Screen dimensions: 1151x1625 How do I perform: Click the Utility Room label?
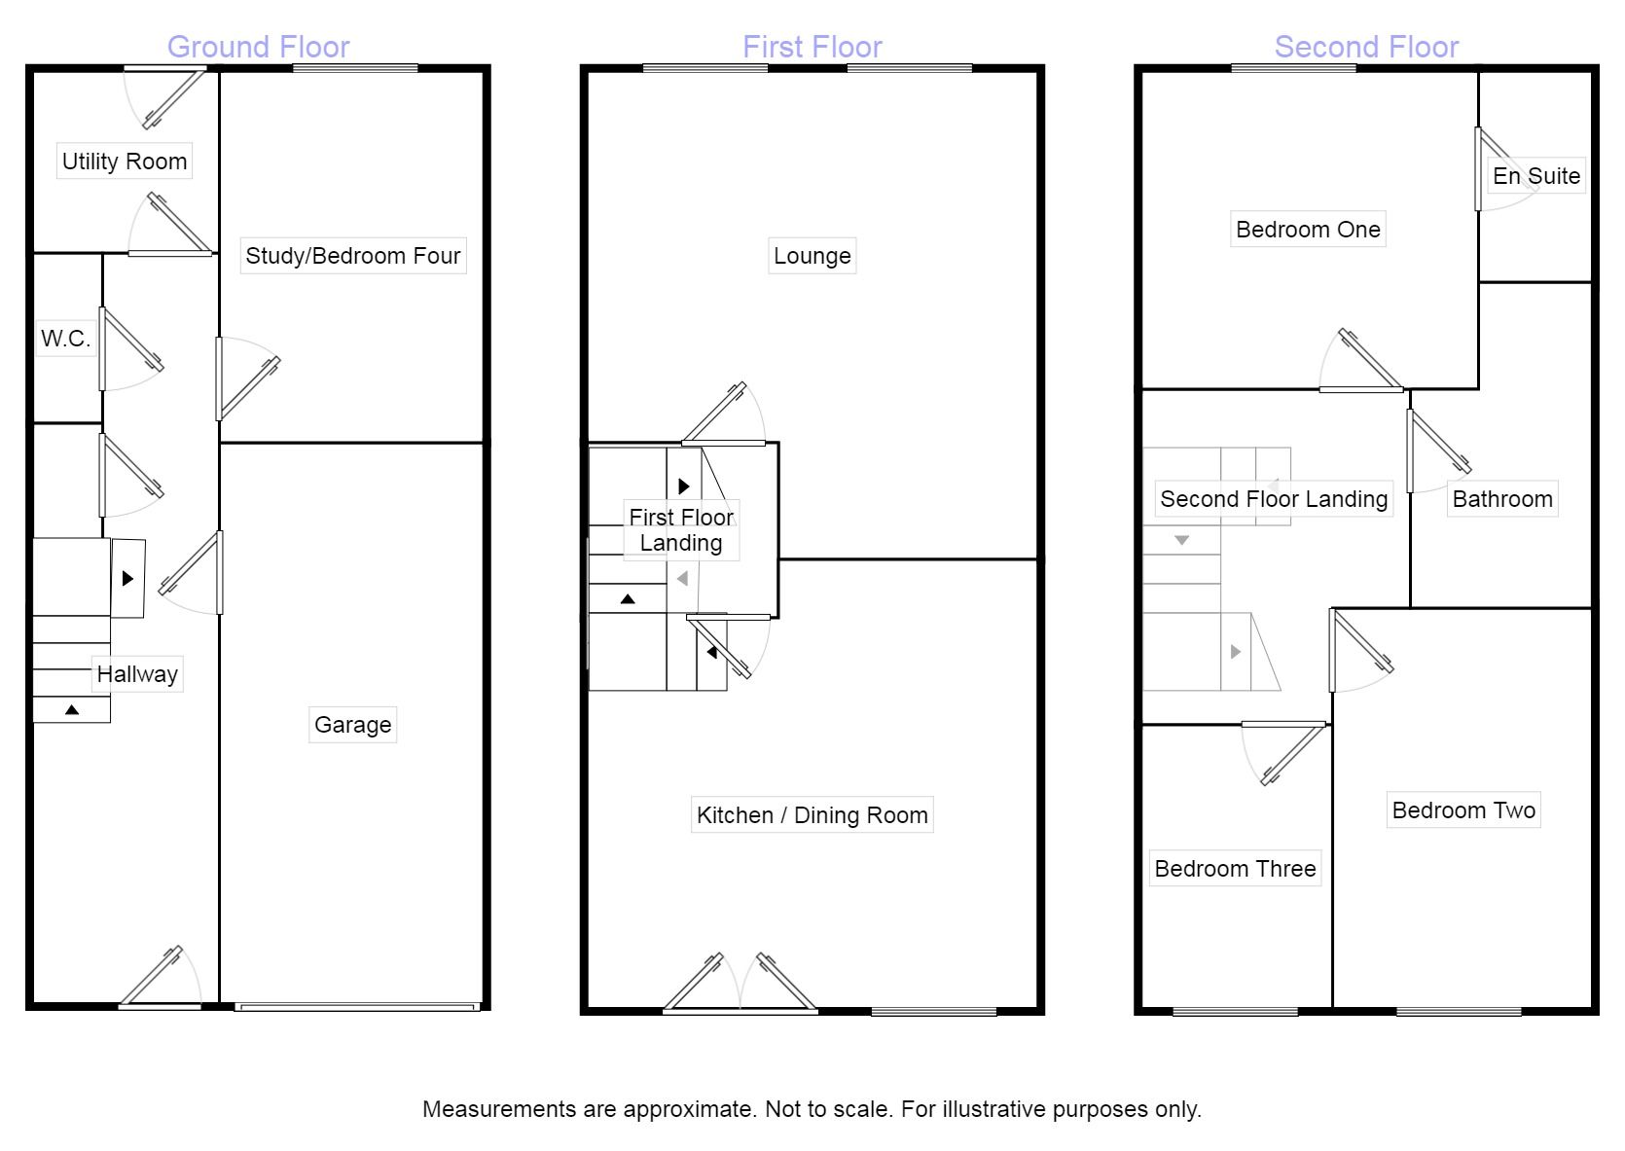pyautogui.click(x=125, y=162)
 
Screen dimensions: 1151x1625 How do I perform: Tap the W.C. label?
pyautogui.click(x=65, y=339)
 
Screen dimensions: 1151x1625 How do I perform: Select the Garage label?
pyautogui.click(x=352, y=725)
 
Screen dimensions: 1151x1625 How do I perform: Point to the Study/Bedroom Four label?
pyautogui.click(x=352, y=256)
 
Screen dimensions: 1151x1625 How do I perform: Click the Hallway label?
pyautogui.click(x=137, y=674)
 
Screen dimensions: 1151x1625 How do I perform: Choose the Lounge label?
pyautogui.click(x=812, y=256)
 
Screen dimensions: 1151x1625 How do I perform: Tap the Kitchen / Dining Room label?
pyautogui.click(x=812, y=815)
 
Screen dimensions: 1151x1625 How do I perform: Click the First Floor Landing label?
pyautogui.click(x=681, y=530)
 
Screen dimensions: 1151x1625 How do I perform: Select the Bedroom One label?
pyautogui.click(x=1308, y=230)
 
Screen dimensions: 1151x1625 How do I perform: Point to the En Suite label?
pyautogui.click(x=1536, y=176)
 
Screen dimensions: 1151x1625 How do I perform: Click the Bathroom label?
pyautogui.click(x=1502, y=499)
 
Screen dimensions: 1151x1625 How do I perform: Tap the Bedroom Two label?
pyautogui.click(x=1463, y=810)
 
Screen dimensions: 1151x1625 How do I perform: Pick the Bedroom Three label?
pyautogui.click(x=1235, y=869)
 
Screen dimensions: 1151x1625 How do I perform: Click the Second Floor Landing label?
pyautogui.click(x=1274, y=499)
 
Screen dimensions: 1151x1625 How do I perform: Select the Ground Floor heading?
pyautogui.click(x=258, y=47)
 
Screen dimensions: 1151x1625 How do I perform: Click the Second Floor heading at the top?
pyautogui.click(x=1366, y=47)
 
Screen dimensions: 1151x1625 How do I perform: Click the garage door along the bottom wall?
pyautogui.click(x=357, y=1007)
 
